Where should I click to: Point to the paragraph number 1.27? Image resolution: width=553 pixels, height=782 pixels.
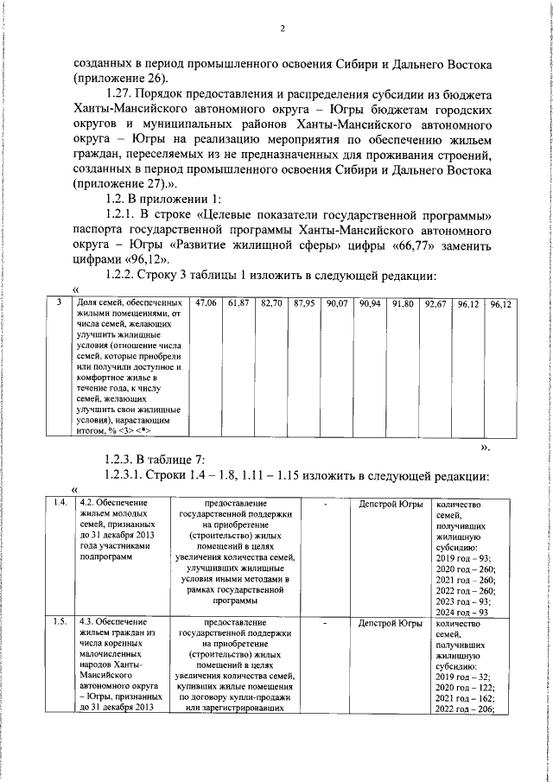[119, 93]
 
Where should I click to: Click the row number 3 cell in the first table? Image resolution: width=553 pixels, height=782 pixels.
[57, 303]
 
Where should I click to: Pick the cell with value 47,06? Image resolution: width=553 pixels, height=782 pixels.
[206, 303]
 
